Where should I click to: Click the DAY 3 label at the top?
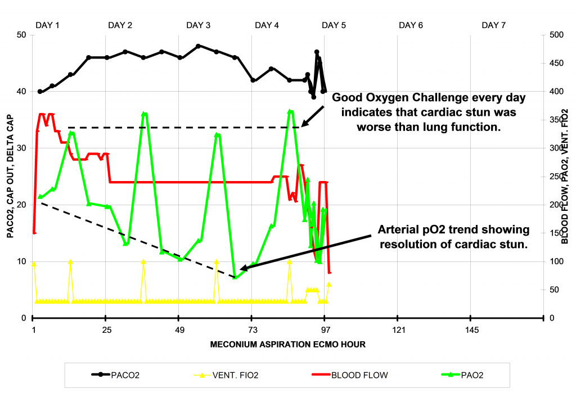199,25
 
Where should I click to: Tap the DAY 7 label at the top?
493,25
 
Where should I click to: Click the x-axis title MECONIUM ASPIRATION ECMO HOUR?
287,344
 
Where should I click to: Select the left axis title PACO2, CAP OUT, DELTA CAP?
10,177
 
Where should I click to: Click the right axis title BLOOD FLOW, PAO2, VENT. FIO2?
565,177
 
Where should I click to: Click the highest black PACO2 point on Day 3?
198,46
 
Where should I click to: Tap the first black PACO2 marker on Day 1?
40,92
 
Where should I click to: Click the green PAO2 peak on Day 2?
144,114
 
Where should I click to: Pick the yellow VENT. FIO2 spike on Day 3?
217,262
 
